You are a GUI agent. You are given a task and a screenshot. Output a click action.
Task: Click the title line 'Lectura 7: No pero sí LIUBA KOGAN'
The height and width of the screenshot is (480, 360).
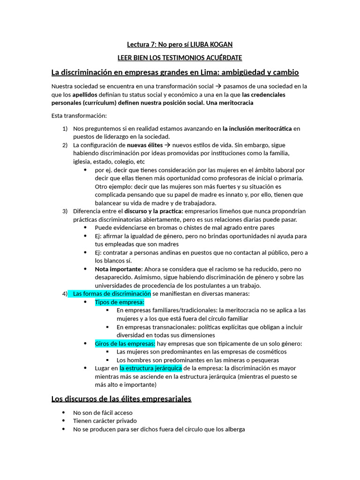180,45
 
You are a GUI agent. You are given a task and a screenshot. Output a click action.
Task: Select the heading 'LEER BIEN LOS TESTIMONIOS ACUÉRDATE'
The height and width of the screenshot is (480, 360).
180,58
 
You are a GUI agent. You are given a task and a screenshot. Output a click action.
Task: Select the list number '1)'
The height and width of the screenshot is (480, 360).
65,128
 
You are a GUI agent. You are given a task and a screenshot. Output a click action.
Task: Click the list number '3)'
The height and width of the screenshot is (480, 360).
65,211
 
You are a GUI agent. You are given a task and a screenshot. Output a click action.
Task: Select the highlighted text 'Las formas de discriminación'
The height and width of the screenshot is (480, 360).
112,294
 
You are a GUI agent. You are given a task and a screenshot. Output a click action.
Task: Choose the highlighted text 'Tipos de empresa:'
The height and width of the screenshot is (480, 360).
120,302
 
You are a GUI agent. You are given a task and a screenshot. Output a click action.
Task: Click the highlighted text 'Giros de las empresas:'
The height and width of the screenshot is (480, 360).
125,344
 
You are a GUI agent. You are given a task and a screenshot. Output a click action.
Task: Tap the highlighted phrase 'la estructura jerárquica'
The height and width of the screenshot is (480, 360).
150,368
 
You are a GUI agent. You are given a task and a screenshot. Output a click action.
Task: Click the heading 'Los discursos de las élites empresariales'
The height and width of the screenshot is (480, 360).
121,399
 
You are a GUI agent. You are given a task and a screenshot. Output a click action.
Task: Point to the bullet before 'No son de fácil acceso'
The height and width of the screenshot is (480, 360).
63,412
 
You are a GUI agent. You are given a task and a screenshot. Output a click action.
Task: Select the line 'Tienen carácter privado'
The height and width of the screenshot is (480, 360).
105,421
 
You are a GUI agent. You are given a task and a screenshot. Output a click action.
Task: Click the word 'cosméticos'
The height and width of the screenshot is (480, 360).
270,352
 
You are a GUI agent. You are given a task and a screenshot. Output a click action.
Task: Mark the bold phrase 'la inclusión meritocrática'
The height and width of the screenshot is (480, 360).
257,128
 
